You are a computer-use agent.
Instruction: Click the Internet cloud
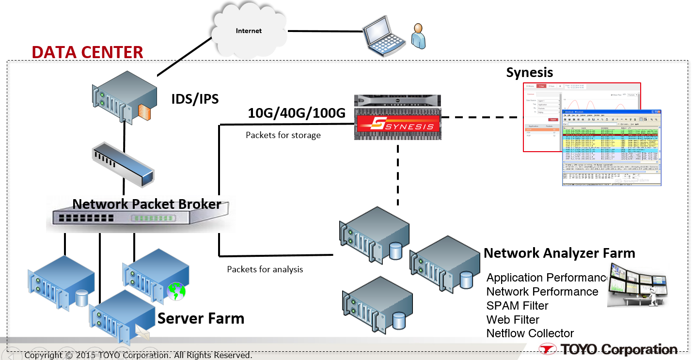(x=249, y=31)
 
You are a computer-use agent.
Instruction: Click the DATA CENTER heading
(x=88, y=52)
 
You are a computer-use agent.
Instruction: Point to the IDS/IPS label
(x=195, y=99)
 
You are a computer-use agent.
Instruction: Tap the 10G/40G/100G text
(x=297, y=113)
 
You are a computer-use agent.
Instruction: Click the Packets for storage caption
(x=283, y=135)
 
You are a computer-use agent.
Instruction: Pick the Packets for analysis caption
(x=265, y=269)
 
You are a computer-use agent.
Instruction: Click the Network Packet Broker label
(x=147, y=204)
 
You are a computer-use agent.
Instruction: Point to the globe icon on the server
(x=175, y=291)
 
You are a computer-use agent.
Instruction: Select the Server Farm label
(x=201, y=318)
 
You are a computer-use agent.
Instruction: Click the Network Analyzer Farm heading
(x=559, y=252)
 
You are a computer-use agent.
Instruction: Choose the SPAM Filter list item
(x=517, y=306)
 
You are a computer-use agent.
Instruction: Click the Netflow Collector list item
(x=530, y=333)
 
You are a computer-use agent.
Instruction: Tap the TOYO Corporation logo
(x=609, y=349)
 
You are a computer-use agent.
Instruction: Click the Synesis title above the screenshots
(x=529, y=73)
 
